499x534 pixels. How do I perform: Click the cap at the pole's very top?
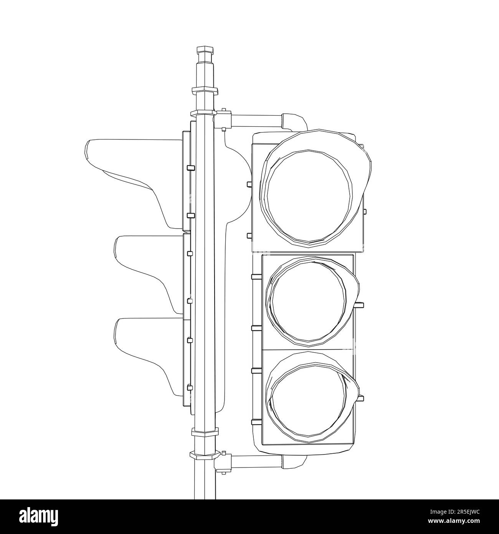point(204,50)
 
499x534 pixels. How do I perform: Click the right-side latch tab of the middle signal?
point(360,305)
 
